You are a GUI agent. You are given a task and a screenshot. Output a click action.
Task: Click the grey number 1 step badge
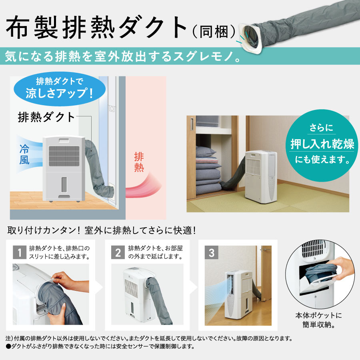point(19,252)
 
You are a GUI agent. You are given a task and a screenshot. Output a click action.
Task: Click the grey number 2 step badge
point(118,252)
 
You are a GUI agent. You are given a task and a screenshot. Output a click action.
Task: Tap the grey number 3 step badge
point(212,252)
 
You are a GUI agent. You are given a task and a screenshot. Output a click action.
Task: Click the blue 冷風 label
point(24,154)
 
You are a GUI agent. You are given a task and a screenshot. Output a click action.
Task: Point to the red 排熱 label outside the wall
point(139,162)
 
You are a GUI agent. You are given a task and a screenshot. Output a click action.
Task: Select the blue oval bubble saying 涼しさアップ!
point(60,89)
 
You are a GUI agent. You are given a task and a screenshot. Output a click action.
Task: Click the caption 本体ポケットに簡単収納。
point(318,320)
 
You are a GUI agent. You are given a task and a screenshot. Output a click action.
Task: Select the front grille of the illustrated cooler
point(64,156)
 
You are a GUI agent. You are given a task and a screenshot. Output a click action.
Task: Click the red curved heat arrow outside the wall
point(144,186)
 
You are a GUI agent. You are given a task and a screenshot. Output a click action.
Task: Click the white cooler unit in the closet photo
point(261,176)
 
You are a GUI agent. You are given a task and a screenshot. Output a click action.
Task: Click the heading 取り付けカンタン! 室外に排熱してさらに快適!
point(102,230)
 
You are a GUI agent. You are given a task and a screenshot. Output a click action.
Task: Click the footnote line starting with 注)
point(149,338)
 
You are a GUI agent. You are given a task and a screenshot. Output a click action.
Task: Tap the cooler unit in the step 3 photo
point(238,296)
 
